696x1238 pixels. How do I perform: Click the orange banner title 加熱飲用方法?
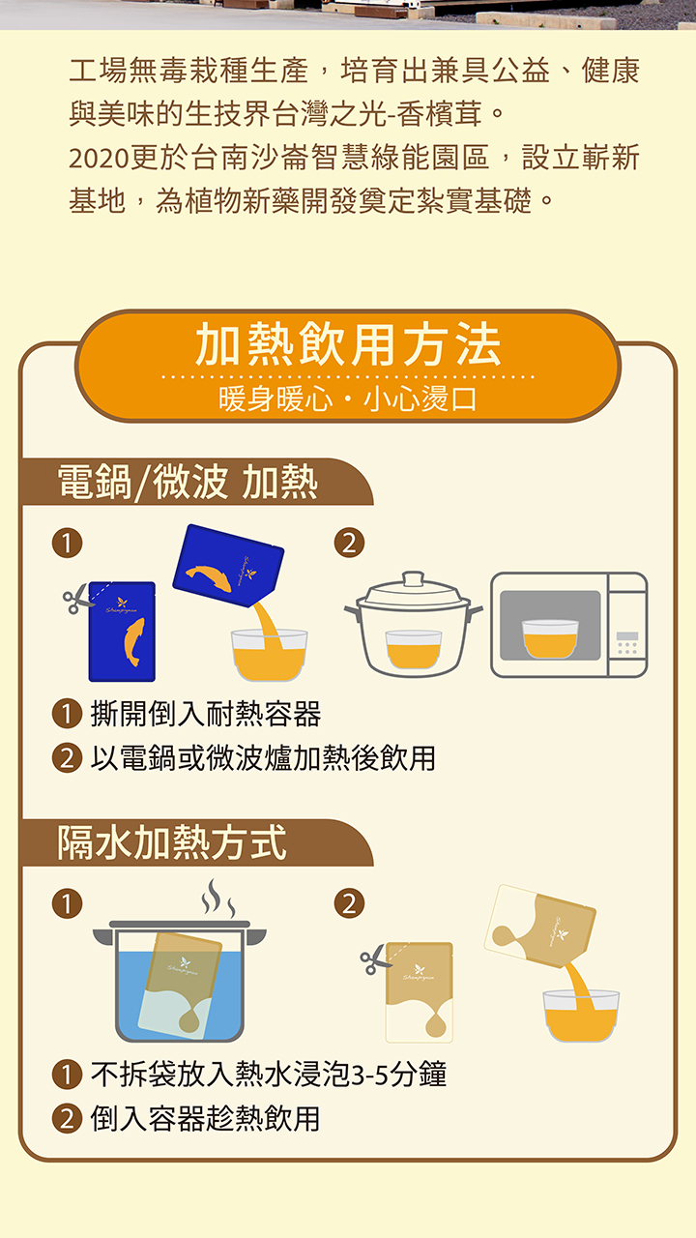pos(348,345)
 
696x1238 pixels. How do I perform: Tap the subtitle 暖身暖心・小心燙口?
pos(347,398)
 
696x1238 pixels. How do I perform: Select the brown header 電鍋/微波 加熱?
pos(188,482)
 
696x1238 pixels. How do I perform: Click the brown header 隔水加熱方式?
pos(172,842)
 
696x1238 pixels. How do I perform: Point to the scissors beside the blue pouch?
pos(77,599)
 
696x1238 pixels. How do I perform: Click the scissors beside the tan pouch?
pos(374,959)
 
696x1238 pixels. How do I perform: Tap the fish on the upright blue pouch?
pos(134,641)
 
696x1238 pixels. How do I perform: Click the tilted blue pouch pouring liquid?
pos(228,565)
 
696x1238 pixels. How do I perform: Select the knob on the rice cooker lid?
pos(413,578)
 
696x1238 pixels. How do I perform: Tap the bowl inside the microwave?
pos(550,638)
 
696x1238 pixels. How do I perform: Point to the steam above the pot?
pos(218,898)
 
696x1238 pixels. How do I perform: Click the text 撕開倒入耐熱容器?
pos(206,714)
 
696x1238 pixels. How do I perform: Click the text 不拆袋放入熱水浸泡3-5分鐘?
pos(269,1075)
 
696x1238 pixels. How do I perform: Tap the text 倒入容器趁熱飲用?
pos(206,1119)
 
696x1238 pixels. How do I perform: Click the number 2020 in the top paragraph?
pos(99,158)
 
